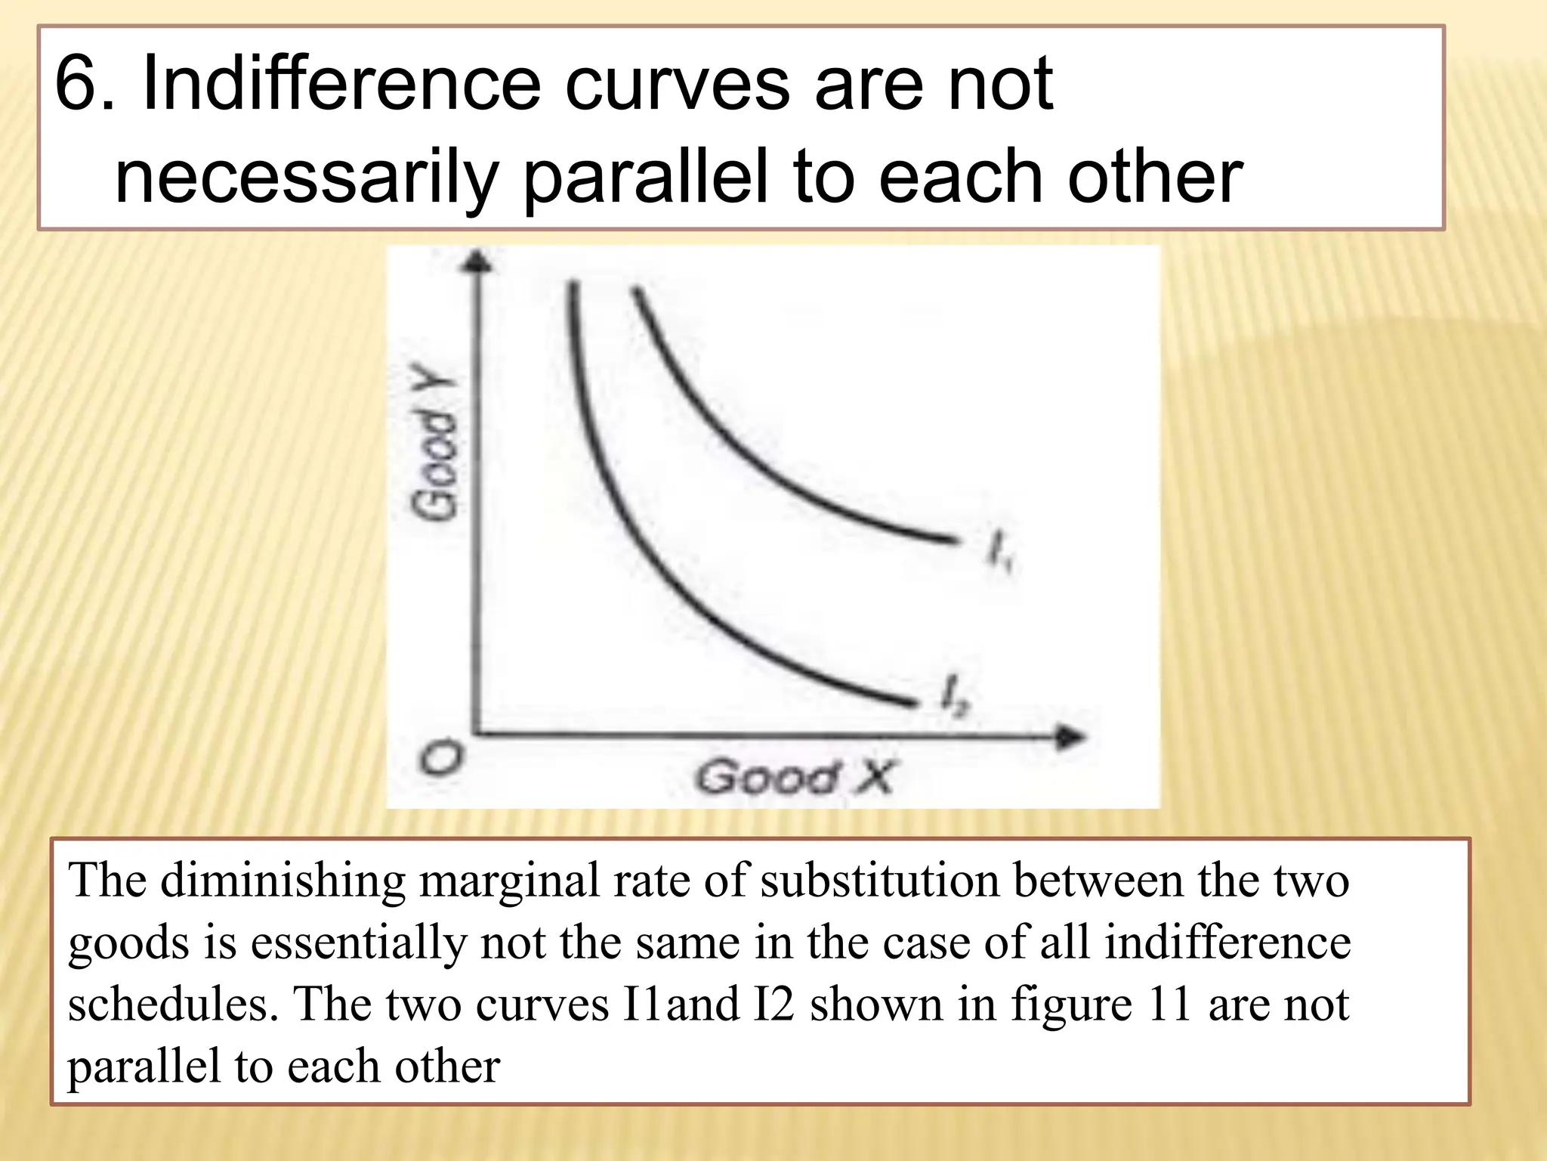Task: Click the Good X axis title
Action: [794, 777]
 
